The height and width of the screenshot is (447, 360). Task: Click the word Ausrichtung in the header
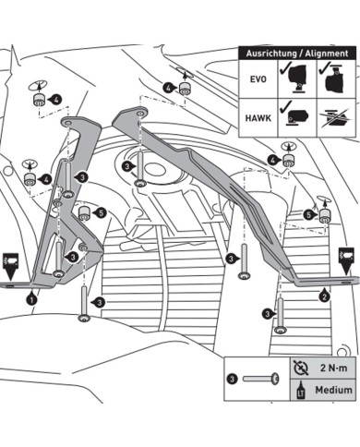click(x=269, y=54)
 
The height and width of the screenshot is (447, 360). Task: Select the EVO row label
click(x=258, y=79)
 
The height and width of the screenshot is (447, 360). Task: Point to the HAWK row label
click(x=258, y=118)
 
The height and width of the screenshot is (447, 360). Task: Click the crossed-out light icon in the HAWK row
click(x=336, y=118)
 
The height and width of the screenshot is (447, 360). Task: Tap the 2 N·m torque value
click(x=333, y=368)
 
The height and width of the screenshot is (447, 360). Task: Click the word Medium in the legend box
click(x=333, y=390)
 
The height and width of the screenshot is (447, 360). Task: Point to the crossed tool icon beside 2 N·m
click(x=301, y=368)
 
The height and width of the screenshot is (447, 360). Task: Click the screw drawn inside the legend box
click(x=261, y=379)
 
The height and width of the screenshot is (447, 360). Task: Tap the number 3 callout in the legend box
click(x=232, y=379)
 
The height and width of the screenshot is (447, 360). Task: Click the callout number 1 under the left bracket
click(x=31, y=299)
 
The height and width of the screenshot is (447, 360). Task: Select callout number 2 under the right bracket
click(x=324, y=296)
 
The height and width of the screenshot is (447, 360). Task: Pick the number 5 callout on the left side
click(x=101, y=212)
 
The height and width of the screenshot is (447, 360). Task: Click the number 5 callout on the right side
click(x=308, y=214)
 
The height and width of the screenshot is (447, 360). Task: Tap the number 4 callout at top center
click(x=168, y=89)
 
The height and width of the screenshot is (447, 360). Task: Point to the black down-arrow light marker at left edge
click(x=10, y=266)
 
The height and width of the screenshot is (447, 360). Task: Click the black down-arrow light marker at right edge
click(x=346, y=260)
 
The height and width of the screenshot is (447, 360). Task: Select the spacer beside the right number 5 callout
click(x=324, y=215)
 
